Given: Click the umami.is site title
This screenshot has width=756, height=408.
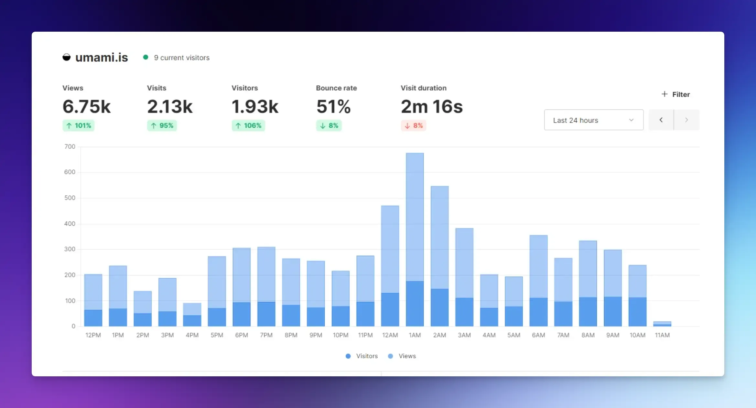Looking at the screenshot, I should click(101, 58).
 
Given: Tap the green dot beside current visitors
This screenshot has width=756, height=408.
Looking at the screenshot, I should click(146, 57).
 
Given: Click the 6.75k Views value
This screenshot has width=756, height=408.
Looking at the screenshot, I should click(86, 106).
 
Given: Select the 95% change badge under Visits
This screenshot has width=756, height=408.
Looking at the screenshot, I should click(162, 125).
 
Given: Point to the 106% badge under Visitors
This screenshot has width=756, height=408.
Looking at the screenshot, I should click(248, 125).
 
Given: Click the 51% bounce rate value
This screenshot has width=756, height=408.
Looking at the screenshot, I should click(333, 106).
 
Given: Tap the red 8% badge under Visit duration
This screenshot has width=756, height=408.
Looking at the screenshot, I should click(414, 125).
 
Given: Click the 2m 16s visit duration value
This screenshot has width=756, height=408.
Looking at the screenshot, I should click(432, 106).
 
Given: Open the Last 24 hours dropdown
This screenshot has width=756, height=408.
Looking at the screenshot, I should click(594, 120).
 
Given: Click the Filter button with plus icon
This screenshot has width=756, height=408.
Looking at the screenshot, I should click(675, 94).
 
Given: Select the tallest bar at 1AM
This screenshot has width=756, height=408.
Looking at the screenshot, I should click(415, 239).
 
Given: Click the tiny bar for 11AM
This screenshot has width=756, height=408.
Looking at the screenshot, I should click(662, 324).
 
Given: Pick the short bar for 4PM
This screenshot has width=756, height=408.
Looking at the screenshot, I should click(192, 314).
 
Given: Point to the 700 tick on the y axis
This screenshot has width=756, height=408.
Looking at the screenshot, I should click(70, 147).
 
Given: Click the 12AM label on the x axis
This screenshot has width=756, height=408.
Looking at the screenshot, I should click(390, 335).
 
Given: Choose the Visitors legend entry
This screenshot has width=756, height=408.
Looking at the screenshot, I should click(362, 356).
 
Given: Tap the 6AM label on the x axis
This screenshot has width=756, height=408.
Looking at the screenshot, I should click(538, 335).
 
